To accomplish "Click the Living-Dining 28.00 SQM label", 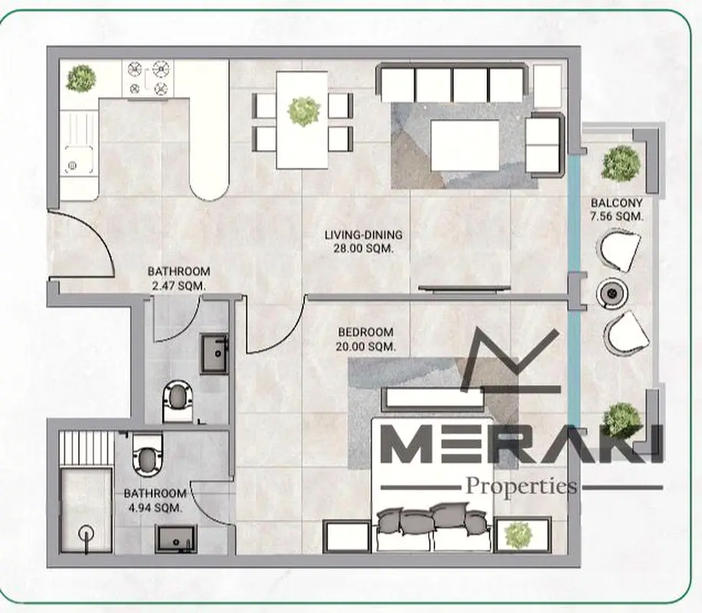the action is tap(363, 241).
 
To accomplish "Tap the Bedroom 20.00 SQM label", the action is tap(366, 339).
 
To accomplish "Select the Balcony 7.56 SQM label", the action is tap(616, 209).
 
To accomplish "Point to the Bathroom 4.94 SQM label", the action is tap(155, 500).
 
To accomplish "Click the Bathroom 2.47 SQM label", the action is tap(179, 278).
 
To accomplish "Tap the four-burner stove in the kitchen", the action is tap(148, 78).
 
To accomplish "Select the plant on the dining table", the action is tap(304, 110).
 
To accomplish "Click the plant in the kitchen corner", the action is tap(81, 78).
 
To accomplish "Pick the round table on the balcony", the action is tap(612, 293).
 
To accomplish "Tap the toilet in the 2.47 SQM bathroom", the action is tap(178, 402).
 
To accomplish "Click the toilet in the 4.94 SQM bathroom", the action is tap(147, 454).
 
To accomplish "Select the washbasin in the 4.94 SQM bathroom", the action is tap(176, 539).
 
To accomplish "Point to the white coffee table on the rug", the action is tap(464, 146).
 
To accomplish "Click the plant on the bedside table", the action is tap(518, 535).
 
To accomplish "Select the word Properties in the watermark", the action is tap(522, 487).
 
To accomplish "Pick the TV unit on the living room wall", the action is tap(464, 289).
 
